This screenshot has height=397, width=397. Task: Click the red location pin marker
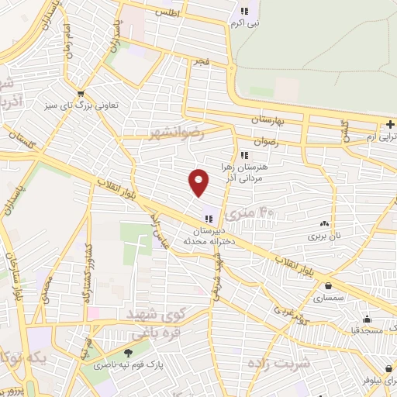tap(199, 182)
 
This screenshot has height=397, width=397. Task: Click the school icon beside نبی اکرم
tap(246, 11)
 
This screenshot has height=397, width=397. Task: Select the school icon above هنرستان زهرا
tap(246, 154)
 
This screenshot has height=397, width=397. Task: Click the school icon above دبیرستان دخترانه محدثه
tap(209, 218)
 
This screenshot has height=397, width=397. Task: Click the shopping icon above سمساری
tap(329, 285)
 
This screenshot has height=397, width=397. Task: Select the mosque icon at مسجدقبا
tap(367, 319)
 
